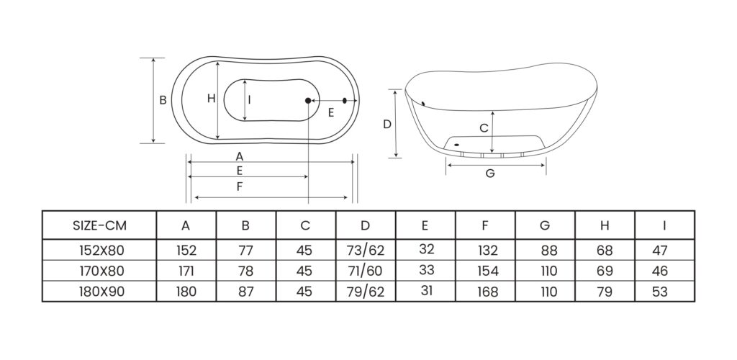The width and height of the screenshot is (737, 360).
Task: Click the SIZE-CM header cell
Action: coord(99,225)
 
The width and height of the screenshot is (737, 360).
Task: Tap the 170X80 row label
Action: coord(99,271)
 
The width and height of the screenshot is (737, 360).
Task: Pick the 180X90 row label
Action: coord(99,292)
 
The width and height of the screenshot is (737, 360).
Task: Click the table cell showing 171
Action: coord(186,271)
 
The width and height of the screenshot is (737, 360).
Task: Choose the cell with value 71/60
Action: coord(365,271)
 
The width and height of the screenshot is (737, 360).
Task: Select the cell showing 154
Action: coord(486,271)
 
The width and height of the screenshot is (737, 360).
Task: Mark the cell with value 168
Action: coord(486,292)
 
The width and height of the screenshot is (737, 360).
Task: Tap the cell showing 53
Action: coord(664,292)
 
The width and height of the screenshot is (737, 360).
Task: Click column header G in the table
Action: coord(545,225)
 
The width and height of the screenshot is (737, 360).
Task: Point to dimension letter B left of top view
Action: coord(163,101)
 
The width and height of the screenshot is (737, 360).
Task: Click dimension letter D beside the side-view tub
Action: coord(386,124)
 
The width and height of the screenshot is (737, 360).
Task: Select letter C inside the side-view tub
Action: coord(484,128)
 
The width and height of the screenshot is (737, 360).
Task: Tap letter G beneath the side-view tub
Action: coord(490,174)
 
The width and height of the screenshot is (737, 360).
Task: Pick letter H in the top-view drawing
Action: coord(211,99)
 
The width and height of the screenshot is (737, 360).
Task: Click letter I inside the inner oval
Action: coord(249,100)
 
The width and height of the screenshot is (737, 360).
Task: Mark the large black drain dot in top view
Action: coord(308,100)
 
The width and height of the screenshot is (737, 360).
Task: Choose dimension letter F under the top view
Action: coord(240,187)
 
